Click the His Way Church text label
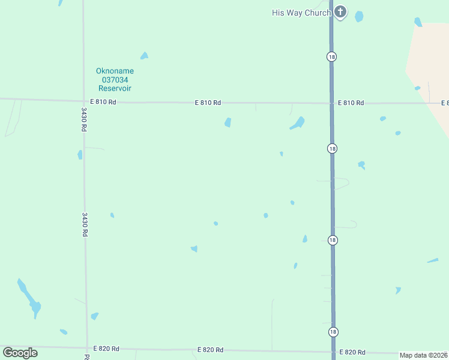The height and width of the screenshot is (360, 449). pyautogui.click(x=301, y=13)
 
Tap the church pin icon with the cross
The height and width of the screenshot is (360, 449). pyautogui.click(x=340, y=11)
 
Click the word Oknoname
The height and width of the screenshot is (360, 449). pyautogui.click(x=115, y=71)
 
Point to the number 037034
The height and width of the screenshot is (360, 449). pyautogui.click(x=115, y=79)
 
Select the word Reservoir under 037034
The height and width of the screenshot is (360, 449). pyautogui.click(x=115, y=88)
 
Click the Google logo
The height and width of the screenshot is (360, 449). pyautogui.click(x=20, y=353)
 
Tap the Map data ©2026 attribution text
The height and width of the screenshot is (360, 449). pyautogui.click(x=423, y=355)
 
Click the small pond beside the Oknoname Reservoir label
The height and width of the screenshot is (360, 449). pyautogui.click(x=144, y=56)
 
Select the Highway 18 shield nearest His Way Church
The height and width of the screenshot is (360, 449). pyautogui.click(x=332, y=56)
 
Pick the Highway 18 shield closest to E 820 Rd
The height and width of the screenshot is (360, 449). pyautogui.click(x=333, y=332)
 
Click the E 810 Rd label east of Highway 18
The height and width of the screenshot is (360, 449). pyautogui.click(x=351, y=103)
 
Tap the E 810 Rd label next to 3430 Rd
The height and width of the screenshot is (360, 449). pyautogui.click(x=103, y=102)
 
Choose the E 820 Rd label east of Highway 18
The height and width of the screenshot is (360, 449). pyautogui.click(x=352, y=352)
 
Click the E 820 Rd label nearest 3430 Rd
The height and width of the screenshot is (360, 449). pyautogui.click(x=106, y=349)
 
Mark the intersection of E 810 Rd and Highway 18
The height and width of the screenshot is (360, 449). pyautogui.click(x=331, y=103)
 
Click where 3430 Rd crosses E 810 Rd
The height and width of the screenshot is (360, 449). pyautogui.click(x=83, y=101)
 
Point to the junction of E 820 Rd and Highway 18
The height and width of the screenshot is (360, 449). pyautogui.click(x=333, y=352)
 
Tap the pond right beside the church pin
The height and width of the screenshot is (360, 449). pyautogui.click(x=359, y=16)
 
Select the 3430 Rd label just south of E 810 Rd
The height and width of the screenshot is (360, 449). pyautogui.click(x=85, y=119)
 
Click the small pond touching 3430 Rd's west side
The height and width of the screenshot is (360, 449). pyautogui.click(x=80, y=155)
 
